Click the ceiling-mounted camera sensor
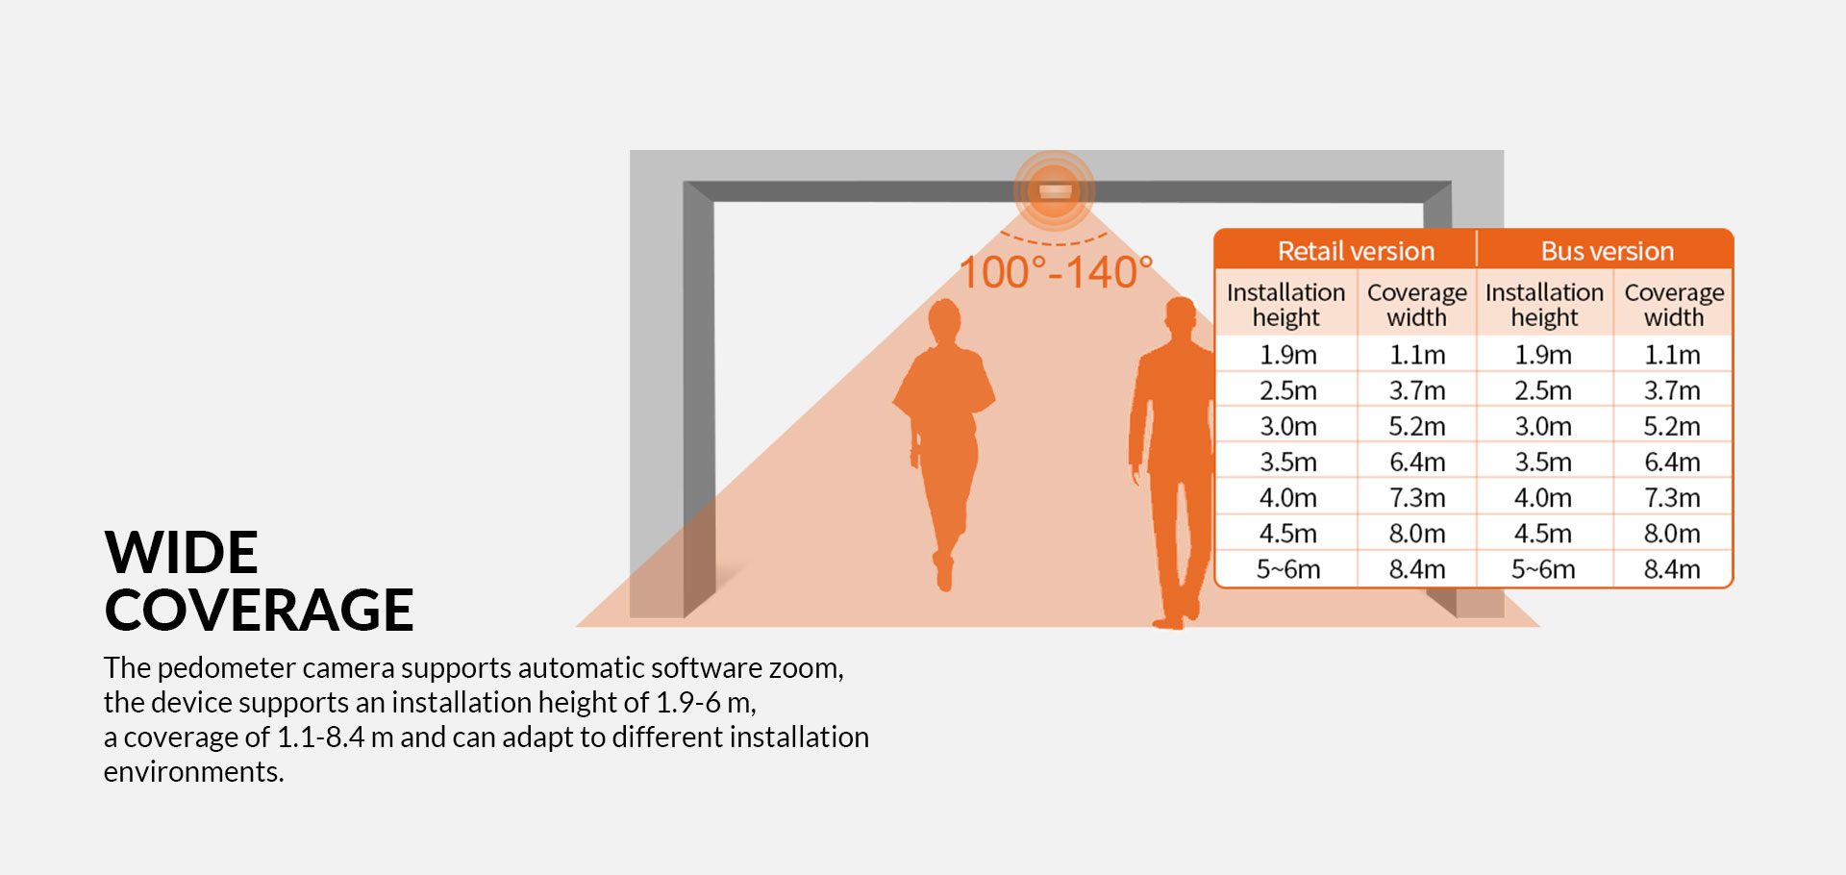point(1055,191)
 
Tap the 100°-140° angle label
point(1056,272)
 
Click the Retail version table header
point(1356,251)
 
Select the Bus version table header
point(1607,251)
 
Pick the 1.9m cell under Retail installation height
point(1288,355)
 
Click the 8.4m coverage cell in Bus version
point(1672,569)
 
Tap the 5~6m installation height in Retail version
point(1288,569)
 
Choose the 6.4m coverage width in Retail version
point(1417,462)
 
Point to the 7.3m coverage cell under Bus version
point(1672,498)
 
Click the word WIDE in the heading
point(182,552)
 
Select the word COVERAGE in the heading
point(260,610)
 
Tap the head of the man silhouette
point(1180,318)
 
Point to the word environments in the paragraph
point(193,772)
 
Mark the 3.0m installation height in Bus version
point(1543,427)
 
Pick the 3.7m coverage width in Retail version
point(1417,391)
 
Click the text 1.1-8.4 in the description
point(321,737)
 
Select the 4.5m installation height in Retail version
point(1288,534)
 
